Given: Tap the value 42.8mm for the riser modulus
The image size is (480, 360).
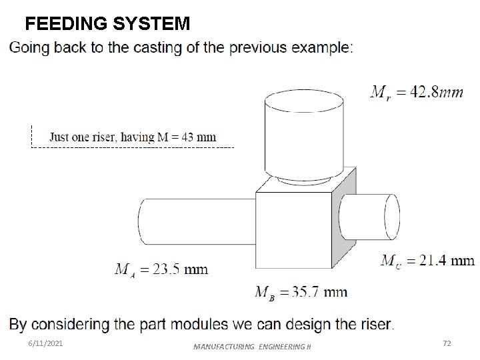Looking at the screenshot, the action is coord(437,93).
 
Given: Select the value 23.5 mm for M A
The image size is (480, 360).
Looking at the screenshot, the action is coord(178,269).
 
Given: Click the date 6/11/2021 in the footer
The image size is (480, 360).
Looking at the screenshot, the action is coord(47,343).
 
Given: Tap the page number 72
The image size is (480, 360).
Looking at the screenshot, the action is coord(447,343).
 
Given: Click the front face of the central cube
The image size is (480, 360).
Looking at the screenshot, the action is coord(294,230).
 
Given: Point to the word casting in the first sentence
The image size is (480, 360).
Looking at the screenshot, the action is coord(150,48).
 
